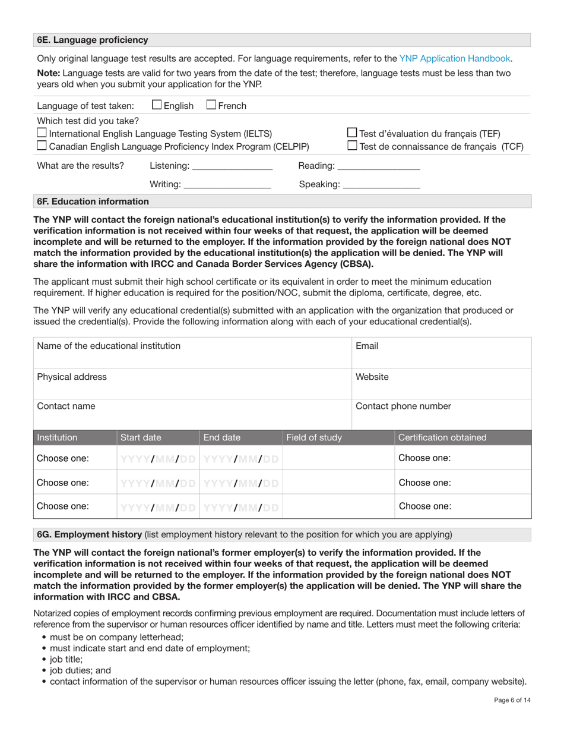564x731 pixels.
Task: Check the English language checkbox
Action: (x=157, y=105)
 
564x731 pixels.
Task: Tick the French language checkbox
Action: (x=211, y=105)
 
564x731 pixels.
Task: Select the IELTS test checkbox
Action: (x=42, y=133)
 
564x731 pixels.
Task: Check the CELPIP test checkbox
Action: (x=42, y=146)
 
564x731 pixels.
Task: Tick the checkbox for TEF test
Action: (x=351, y=133)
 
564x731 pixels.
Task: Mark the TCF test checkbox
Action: (x=351, y=146)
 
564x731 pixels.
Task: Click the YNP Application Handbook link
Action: (x=454, y=58)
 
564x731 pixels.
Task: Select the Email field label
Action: (x=366, y=346)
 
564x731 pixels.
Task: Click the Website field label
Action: (x=372, y=377)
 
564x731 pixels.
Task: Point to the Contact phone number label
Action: (x=403, y=407)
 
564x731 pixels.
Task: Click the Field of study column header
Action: (x=314, y=438)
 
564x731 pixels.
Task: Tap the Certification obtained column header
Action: (x=442, y=438)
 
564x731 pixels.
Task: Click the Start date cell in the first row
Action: (x=158, y=459)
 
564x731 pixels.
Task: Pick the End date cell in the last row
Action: (x=240, y=507)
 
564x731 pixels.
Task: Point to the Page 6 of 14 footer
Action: (x=512, y=700)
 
